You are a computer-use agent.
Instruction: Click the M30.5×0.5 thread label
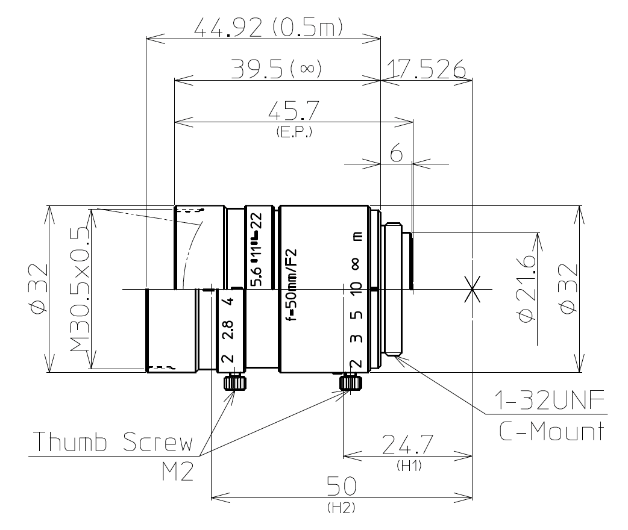pos(78,288)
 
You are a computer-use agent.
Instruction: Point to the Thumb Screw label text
pos(113,444)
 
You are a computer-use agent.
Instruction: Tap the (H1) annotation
pos(405,466)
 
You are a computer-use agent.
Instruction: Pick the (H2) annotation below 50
pos(341,508)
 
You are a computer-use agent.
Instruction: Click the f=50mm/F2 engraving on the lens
pos(293,283)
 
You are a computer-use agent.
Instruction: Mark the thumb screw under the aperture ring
pos(233,382)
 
